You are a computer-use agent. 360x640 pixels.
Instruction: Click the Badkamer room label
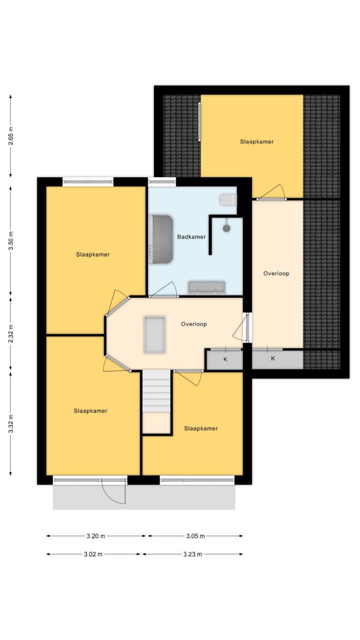(x=191, y=237)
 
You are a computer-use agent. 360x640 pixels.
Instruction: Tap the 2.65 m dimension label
(x=11, y=136)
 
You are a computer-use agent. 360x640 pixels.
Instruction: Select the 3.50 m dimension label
(x=11, y=241)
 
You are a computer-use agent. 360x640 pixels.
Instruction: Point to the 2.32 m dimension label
(x=11, y=333)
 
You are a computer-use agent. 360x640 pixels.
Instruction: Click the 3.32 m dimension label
(x=11, y=423)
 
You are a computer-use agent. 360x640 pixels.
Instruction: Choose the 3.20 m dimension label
(x=96, y=536)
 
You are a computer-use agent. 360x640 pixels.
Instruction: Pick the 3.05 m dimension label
(x=195, y=536)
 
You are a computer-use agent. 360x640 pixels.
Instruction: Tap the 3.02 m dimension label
(x=93, y=554)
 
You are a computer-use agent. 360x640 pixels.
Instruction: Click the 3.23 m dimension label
(x=193, y=554)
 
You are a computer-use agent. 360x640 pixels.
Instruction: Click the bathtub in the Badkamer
(x=161, y=239)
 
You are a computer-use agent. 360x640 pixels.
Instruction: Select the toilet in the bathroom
(x=228, y=200)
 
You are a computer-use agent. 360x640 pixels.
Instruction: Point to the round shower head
(x=226, y=228)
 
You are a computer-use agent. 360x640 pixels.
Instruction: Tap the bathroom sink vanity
(x=206, y=288)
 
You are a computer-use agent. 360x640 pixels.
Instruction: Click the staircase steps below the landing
(x=157, y=392)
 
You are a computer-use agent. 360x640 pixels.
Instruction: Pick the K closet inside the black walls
(x=225, y=359)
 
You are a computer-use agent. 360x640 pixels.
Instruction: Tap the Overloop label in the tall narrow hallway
(x=276, y=274)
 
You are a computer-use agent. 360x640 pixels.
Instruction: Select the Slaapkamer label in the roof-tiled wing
(x=257, y=141)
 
